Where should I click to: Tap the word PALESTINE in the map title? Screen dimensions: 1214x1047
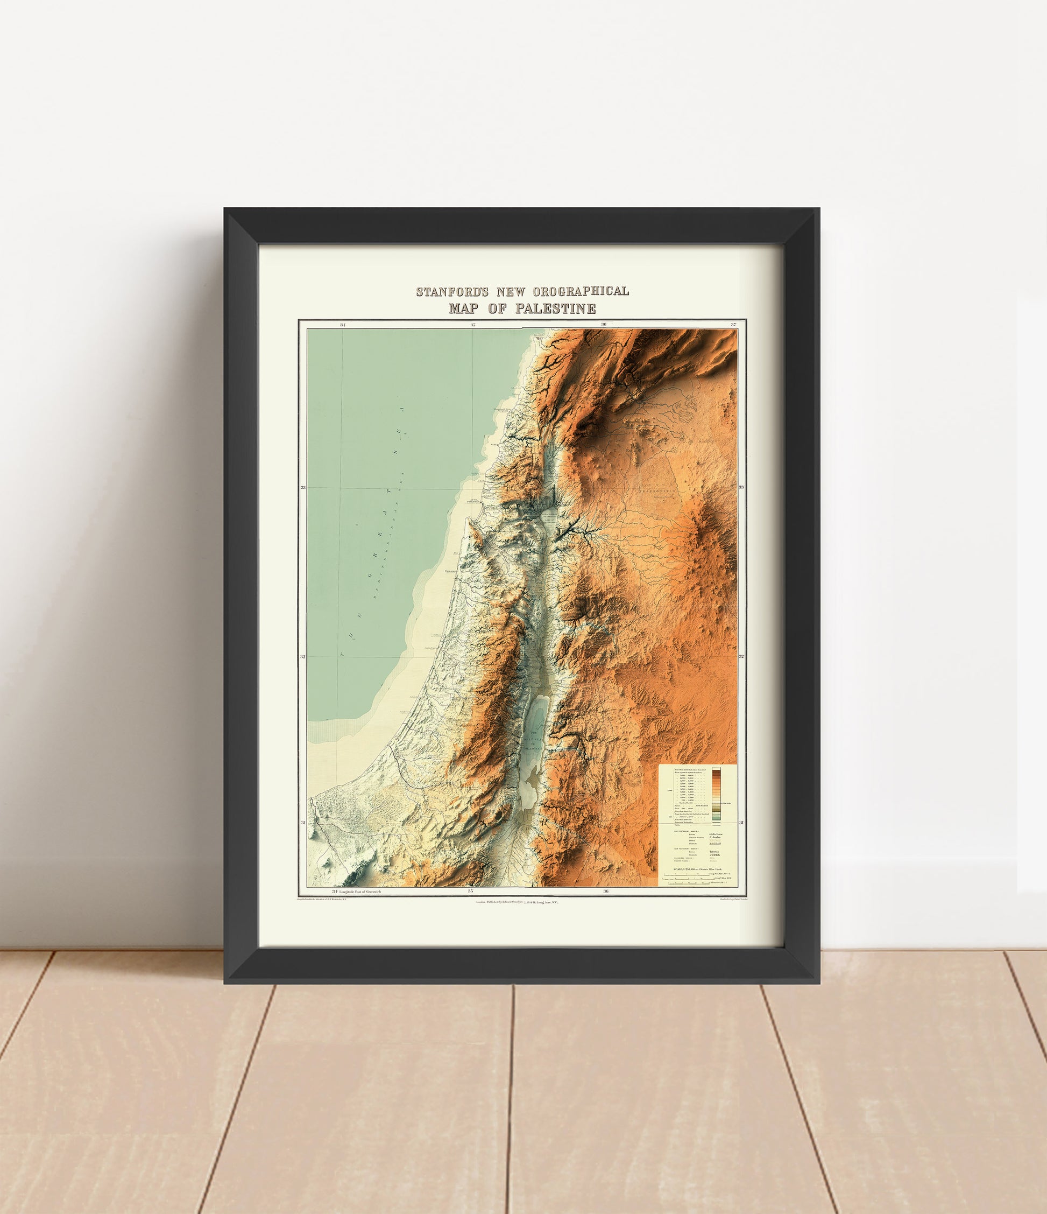(556, 309)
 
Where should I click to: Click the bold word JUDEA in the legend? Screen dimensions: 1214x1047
(716, 855)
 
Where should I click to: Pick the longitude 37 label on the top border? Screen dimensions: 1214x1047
(733, 324)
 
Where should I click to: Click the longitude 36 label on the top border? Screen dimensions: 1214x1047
(604, 324)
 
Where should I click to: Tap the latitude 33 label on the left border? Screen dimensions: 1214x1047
(303, 487)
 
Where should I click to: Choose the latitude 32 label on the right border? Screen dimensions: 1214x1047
(741, 656)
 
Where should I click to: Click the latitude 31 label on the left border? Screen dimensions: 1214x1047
(303, 823)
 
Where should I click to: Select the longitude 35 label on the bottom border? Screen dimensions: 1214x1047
(470, 891)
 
